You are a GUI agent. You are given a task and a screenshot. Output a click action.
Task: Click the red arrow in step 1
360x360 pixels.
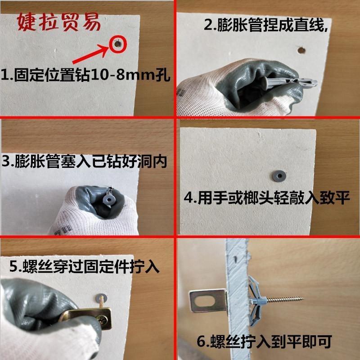pos(91,54)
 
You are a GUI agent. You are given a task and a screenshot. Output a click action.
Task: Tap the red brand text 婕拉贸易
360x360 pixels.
pos(59,22)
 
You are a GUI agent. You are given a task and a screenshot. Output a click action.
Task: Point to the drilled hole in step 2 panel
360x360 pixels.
pos(301,50)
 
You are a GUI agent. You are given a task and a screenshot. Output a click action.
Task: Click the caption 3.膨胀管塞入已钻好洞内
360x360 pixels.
pos(84,161)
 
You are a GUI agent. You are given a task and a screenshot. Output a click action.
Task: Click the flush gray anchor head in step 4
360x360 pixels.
pos(279,176)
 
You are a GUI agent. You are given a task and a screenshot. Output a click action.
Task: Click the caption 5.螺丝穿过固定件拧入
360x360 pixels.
pos(84,267)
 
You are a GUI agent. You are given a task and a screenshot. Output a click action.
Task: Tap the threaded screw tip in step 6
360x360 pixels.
pos(302,299)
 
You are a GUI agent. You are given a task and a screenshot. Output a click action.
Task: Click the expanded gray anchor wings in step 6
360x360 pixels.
pos(256,300)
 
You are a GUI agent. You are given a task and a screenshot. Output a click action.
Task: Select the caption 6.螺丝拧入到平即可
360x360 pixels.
pos(264,342)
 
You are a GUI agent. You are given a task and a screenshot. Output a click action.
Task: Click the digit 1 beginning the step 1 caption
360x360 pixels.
pos(4,74)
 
